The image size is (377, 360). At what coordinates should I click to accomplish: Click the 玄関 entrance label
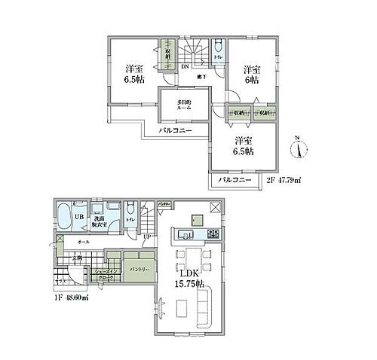(76, 259)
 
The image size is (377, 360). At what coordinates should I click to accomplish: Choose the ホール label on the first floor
(84, 241)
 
